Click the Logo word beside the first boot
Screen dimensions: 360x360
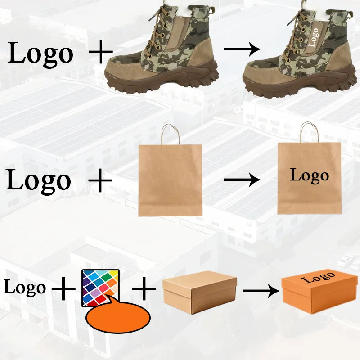point(40,54)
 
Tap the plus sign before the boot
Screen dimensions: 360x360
point(101,53)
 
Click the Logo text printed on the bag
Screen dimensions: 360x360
point(309,175)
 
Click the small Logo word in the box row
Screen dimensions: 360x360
point(25,287)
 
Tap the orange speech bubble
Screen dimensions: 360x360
point(117,318)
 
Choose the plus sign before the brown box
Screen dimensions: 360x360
point(144,288)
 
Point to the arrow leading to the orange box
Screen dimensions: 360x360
point(261,291)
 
